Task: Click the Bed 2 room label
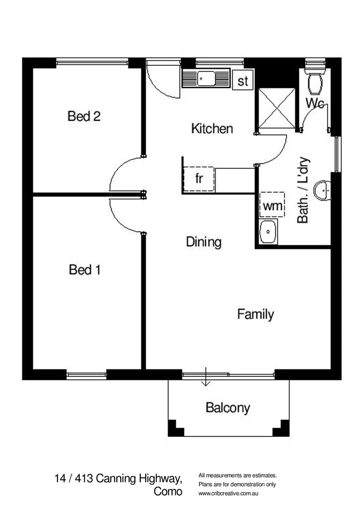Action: point(84,116)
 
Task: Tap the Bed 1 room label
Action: point(85,270)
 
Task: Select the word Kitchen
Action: point(212,128)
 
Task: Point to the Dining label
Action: point(204,242)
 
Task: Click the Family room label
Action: point(255,314)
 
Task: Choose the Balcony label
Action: point(228,408)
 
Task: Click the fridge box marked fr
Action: point(199,179)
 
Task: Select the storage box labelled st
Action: point(243,81)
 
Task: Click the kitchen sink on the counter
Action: point(206,79)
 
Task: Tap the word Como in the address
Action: point(168,492)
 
